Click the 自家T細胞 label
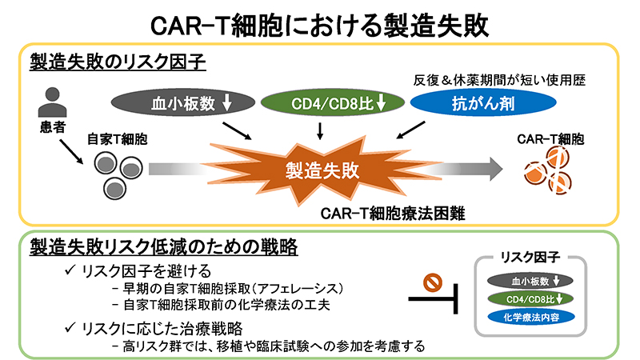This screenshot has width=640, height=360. pyautogui.click(x=120, y=140)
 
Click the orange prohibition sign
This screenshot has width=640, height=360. pyautogui.click(x=433, y=282)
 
